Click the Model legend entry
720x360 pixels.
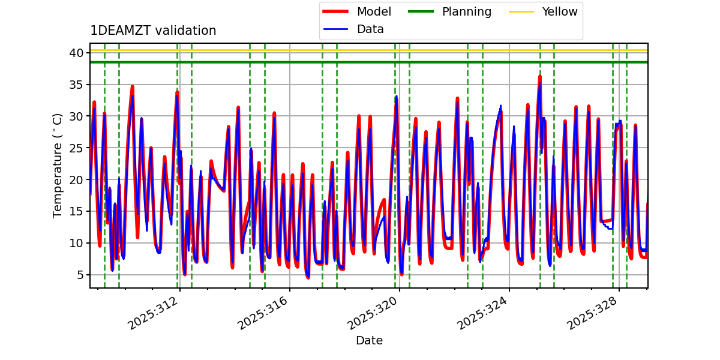point(373,12)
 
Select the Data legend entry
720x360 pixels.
point(370,29)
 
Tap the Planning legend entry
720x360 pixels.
point(466,12)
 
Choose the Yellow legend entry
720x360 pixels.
point(559,12)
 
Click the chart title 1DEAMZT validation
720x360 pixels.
point(153,31)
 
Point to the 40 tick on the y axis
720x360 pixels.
point(76,53)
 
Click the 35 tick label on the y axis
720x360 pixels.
point(76,85)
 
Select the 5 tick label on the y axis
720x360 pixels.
point(79,275)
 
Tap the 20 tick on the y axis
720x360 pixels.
point(76,179)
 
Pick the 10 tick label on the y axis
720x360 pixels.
point(76,243)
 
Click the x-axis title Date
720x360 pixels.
point(369,341)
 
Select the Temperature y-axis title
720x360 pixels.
point(58,165)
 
